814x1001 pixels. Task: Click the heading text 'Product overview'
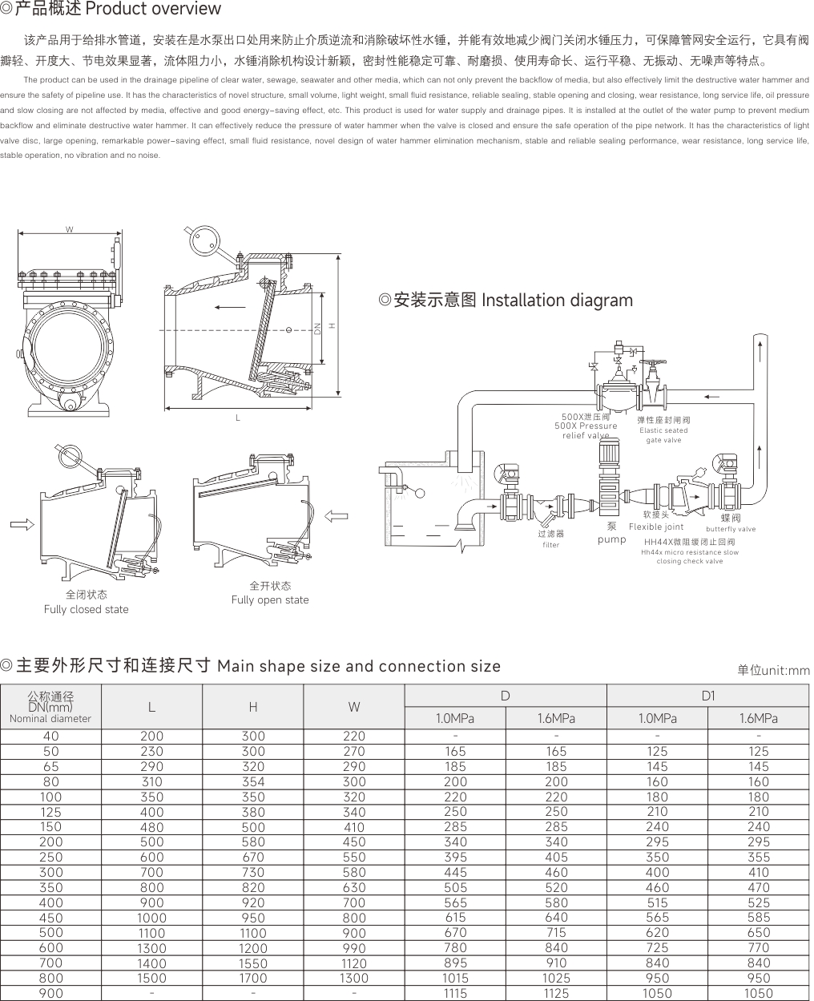pos(152,10)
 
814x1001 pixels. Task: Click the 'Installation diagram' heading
pos(557,301)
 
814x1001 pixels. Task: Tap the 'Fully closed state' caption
pos(86,609)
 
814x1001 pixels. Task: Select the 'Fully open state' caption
pos(270,599)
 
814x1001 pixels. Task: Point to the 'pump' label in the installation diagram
pos(611,539)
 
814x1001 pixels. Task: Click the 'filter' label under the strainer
pos(550,545)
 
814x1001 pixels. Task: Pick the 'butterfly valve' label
pos(730,529)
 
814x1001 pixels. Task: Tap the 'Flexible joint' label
pos(656,527)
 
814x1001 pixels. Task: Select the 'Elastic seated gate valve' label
pos(663,435)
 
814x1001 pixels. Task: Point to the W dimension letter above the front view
pos(70,230)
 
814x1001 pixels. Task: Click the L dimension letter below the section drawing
pos(238,418)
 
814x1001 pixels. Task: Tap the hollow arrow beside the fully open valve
pos(338,515)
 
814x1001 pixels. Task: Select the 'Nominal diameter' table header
pos(50,719)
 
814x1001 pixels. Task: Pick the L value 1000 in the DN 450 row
pos(151,918)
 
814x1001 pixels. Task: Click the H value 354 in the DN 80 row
pos(253,781)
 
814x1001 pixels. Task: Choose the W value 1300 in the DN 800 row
pos(354,978)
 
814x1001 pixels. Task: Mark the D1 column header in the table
pos(707,696)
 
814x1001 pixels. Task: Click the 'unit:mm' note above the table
pos(774,670)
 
